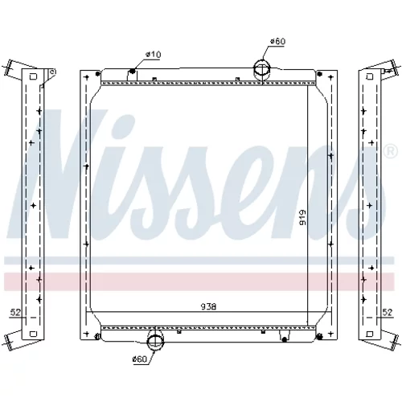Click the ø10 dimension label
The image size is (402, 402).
pyautogui.click(x=153, y=55)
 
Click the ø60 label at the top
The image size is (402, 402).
pyautogui.click(x=278, y=41)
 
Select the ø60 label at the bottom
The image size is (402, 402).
pyautogui.click(x=140, y=359)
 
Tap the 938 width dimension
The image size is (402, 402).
pyautogui.click(x=208, y=306)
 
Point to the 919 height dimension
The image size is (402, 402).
pyautogui.click(x=302, y=217)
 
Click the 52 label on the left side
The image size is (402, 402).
pyautogui.click(x=15, y=312)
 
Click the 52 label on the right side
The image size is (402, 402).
pyautogui.click(x=388, y=312)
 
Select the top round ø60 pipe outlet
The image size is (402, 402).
pyautogui.click(x=262, y=69)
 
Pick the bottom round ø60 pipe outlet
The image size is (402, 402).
pyautogui.click(x=156, y=341)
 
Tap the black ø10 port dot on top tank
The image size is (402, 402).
pyautogui.click(x=132, y=71)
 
